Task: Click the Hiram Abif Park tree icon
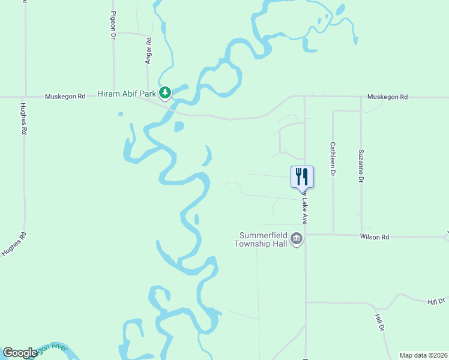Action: (165, 94)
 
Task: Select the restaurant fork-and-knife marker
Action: (302, 176)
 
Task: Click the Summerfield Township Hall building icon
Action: (297, 239)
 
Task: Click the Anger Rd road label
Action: (148, 51)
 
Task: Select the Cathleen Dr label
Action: (332, 158)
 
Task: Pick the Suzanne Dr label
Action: (361, 166)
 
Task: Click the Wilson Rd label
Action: (375, 237)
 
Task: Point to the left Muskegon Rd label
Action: (65, 97)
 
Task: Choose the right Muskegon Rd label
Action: (387, 97)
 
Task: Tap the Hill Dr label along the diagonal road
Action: (379, 322)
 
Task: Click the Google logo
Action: (20, 353)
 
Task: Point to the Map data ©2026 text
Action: (423, 355)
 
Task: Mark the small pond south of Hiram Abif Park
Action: (178, 126)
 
